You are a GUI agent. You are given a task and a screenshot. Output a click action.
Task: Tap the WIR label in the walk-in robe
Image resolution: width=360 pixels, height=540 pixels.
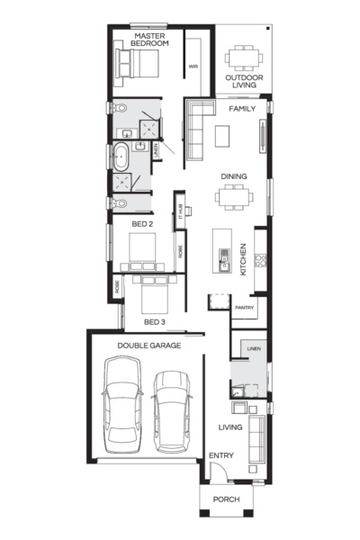[193, 67]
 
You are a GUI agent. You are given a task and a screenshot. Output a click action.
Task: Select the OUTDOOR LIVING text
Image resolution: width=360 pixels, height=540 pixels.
[244, 81]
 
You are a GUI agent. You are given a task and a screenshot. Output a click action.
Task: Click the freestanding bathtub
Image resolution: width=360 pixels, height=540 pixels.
[119, 157]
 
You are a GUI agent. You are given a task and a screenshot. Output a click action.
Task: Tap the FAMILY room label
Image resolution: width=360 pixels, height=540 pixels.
[241, 109]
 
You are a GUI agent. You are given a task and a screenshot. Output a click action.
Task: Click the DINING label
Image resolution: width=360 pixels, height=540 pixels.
[235, 177]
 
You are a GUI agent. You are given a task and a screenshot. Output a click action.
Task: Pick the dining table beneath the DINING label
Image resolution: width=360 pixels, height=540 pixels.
[233, 197]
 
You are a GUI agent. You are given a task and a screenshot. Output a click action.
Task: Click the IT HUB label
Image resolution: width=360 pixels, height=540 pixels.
[182, 211]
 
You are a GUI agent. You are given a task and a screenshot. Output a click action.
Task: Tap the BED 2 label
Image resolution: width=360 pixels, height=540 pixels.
[142, 223]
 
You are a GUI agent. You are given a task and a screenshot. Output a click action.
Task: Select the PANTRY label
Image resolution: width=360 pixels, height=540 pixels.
[244, 309]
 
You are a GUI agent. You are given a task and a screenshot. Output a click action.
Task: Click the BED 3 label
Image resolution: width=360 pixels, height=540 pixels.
[155, 321]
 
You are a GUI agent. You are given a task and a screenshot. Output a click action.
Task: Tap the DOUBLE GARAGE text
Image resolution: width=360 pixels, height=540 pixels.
[149, 345]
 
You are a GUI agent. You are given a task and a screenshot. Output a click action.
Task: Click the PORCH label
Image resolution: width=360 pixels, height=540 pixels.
[226, 499]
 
